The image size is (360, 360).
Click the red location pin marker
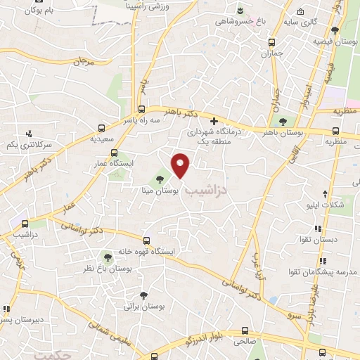point(181,165)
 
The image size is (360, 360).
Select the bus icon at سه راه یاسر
point(141,110)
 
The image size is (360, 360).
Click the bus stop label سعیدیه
point(103,139)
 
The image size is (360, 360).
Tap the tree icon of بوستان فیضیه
point(335,30)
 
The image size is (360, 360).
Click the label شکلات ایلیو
point(324,205)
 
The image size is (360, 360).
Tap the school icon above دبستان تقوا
point(318,228)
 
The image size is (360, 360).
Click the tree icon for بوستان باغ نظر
point(108,257)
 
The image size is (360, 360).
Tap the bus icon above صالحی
point(244,330)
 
